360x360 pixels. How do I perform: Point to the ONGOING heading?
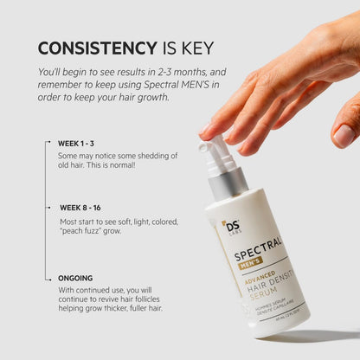coord(75,278)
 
